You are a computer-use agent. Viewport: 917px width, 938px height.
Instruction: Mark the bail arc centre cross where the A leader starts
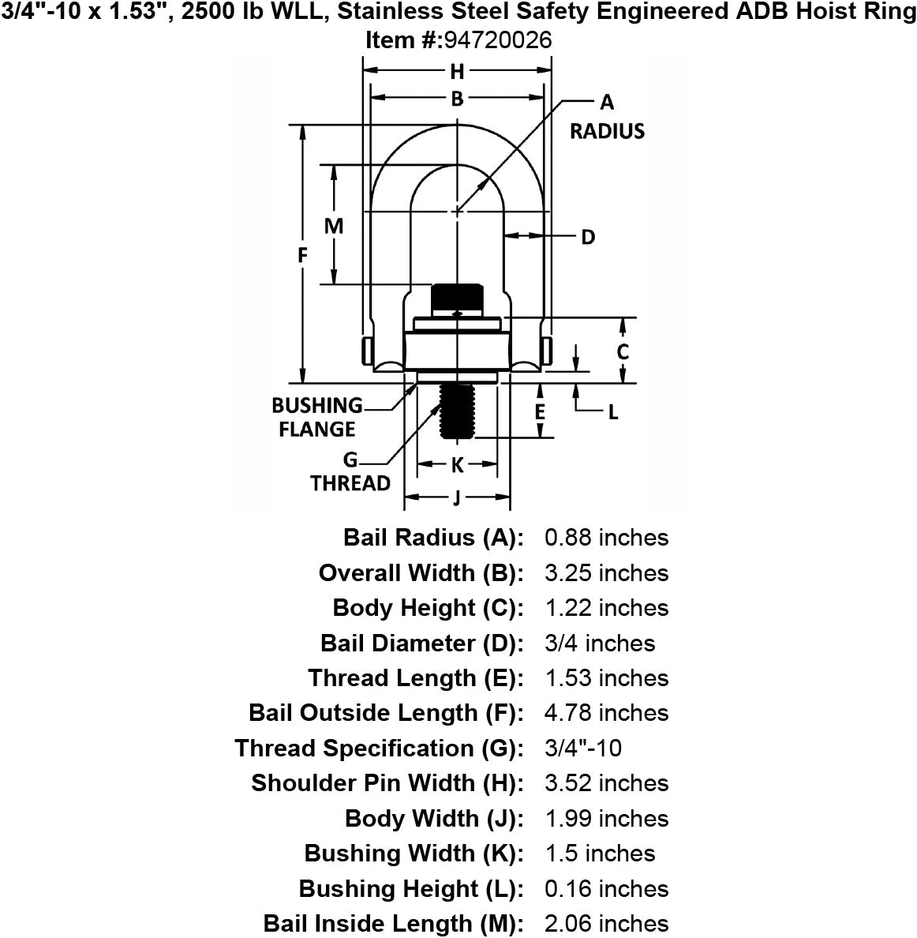point(457,211)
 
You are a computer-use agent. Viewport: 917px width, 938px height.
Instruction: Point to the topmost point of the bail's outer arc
point(457,125)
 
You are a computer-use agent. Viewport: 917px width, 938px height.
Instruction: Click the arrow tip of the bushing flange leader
point(417,384)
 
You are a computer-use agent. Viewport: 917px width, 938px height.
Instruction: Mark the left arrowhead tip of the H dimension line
point(364,70)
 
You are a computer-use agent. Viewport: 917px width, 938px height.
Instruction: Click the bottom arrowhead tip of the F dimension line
point(303,382)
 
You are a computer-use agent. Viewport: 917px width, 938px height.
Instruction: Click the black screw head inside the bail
point(457,298)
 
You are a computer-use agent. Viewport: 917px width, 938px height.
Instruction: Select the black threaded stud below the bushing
point(457,411)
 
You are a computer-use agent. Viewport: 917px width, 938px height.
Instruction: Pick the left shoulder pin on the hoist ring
point(366,351)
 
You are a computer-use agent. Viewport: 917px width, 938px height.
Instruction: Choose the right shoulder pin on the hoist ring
point(546,351)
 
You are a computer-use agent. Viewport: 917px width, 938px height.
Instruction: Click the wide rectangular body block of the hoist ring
point(457,351)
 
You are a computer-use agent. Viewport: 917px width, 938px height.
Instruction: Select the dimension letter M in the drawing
point(334,226)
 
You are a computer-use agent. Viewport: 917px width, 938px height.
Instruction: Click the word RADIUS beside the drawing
point(607,131)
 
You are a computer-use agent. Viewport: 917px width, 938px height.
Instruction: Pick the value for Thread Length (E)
point(606,677)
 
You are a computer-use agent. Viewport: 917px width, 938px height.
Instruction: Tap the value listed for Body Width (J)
point(606,818)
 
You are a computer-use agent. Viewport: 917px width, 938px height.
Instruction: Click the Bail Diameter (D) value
point(600,643)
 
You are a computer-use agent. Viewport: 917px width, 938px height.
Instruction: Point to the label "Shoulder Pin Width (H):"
point(387,783)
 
